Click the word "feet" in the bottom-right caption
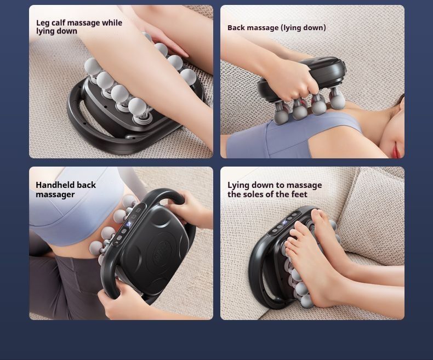(300, 195)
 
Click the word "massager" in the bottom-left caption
(55, 195)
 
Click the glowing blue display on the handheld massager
(128, 224)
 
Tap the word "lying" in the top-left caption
(44, 31)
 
